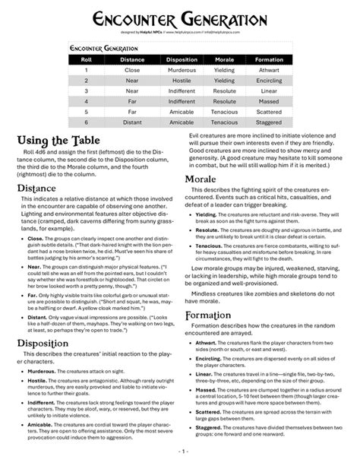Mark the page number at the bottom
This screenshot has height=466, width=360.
coord(179,458)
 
